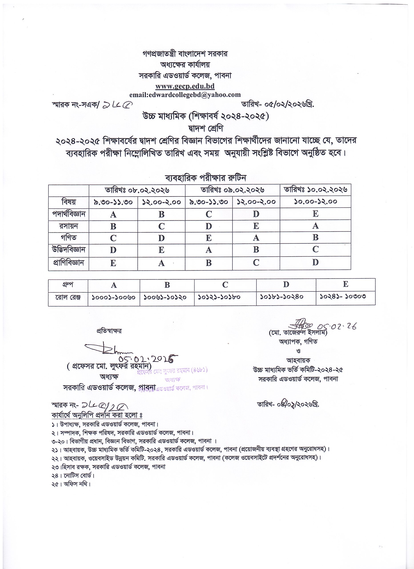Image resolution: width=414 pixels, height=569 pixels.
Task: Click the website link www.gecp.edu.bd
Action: pyautogui.click(x=185, y=86)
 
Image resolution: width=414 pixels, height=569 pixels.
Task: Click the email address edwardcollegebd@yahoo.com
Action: pyautogui.click(x=185, y=95)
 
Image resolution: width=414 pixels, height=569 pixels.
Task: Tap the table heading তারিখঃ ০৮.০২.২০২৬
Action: pyautogui.click(x=137, y=190)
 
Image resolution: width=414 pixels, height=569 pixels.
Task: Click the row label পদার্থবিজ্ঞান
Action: pyautogui.click(x=69, y=214)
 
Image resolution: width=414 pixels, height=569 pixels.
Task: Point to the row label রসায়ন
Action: pyautogui.click(x=69, y=226)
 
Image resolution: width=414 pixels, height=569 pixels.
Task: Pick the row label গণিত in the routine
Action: pyautogui.click(x=69, y=238)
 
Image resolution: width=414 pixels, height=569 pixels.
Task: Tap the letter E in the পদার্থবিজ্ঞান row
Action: pyautogui.click(x=316, y=214)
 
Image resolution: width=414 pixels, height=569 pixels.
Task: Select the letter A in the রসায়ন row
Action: pyautogui.click(x=316, y=226)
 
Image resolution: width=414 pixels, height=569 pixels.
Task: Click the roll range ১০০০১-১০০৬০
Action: pyautogui.click(x=114, y=298)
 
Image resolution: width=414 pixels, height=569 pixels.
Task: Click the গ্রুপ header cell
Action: pyautogui.click(x=68, y=284)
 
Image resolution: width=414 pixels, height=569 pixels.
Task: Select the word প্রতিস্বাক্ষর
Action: pyautogui.click(x=109, y=331)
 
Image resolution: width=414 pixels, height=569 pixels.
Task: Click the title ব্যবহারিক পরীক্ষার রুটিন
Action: pyautogui.click(x=205, y=178)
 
